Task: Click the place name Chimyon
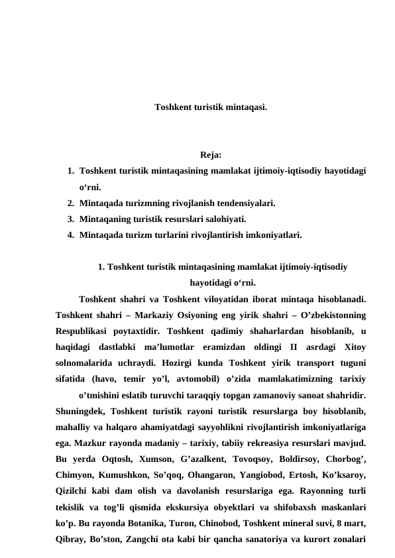coord(75,473)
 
